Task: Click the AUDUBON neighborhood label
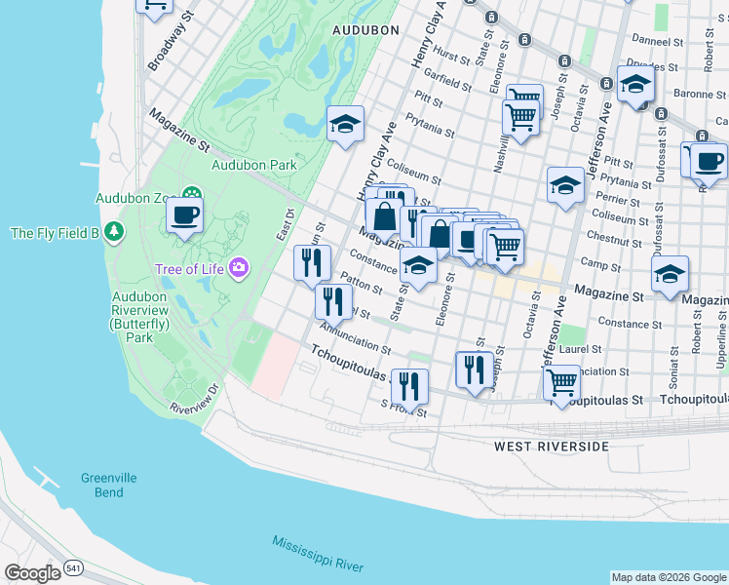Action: [365, 30]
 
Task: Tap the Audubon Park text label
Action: [253, 165]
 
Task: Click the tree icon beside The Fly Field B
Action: [116, 232]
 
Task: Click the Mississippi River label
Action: [318, 554]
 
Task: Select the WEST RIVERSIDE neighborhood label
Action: [551, 447]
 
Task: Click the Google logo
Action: [31, 573]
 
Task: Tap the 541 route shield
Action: [73, 567]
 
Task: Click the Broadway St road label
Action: [166, 46]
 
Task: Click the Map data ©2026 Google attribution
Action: [668, 577]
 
